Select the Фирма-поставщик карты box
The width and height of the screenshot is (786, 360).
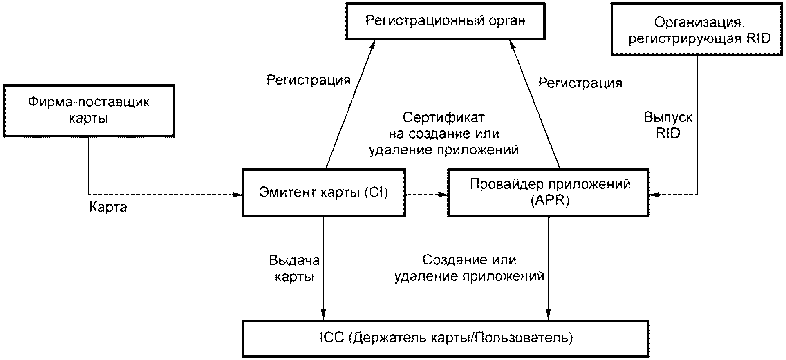[x=89, y=110]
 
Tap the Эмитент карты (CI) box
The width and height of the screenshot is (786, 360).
[x=324, y=192]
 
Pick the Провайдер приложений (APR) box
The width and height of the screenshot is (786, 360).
[x=549, y=192]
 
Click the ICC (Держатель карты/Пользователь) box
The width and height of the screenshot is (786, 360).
[x=446, y=338]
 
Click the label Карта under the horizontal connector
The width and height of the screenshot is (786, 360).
[x=108, y=207]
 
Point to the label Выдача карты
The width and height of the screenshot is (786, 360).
[x=294, y=268]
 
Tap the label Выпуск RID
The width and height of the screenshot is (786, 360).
[x=668, y=125]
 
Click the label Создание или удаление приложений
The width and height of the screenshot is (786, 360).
[x=469, y=268]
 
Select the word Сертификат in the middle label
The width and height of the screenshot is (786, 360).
[x=444, y=118]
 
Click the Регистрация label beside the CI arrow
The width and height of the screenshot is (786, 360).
[x=309, y=80]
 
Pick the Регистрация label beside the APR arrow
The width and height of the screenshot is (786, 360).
[x=580, y=83]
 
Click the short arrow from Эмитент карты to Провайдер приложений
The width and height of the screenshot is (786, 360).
[x=427, y=195]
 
